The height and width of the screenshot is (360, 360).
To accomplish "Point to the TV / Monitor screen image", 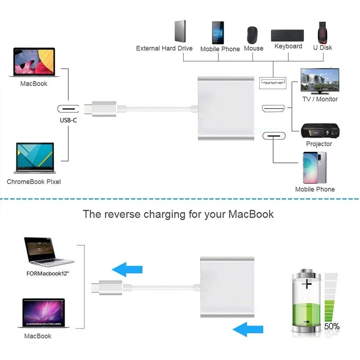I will [319, 81].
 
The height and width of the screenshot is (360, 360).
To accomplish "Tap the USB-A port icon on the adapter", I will [273, 82].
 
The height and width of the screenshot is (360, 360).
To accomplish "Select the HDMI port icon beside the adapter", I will [273, 109].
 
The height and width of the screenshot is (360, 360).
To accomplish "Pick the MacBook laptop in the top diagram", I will [34, 63].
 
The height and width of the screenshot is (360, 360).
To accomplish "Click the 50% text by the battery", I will [331, 326].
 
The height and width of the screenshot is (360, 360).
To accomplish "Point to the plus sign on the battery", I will [308, 283].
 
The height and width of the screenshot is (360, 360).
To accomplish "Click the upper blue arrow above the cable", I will [127, 270].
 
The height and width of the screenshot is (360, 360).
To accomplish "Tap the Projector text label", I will [319, 144].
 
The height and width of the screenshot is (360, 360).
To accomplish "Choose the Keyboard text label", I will [288, 46].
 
